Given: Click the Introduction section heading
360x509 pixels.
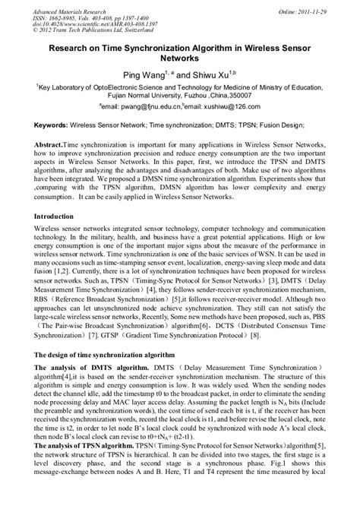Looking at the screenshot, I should pyautogui.click(x=60, y=217).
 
